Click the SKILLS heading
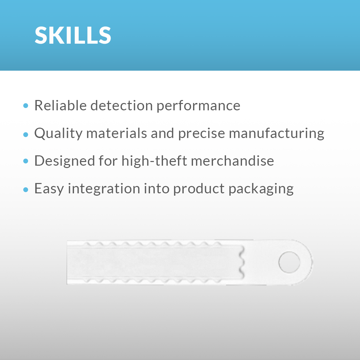[x=73, y=35]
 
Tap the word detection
[x=121, y=106]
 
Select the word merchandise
[x=232, y=161]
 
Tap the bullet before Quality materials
[x=26, y=134]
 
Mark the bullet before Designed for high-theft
[x=26, y=162]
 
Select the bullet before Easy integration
[x=26, y=189]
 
